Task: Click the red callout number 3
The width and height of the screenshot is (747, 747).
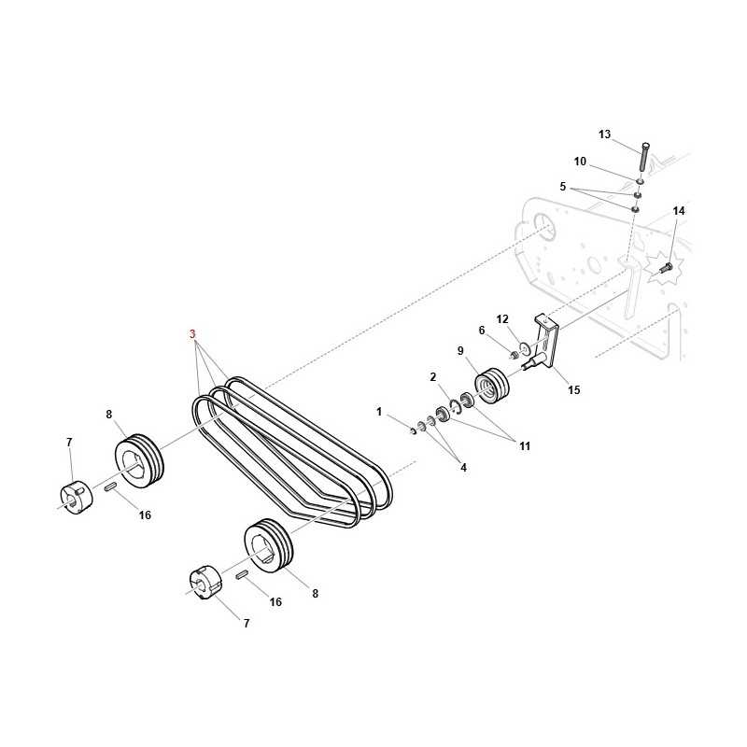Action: (192, 334)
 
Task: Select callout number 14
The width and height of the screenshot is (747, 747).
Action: (679, 211)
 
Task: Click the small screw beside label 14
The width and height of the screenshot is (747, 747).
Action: (666, 268)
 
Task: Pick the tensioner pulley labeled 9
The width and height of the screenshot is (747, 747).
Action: (493, 386)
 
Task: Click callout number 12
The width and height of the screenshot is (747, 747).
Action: (502, 319)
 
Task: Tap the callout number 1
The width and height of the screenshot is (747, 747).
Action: (379, 411)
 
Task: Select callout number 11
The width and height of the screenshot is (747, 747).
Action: (525, 446)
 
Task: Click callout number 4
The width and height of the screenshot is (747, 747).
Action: (463, 468)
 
